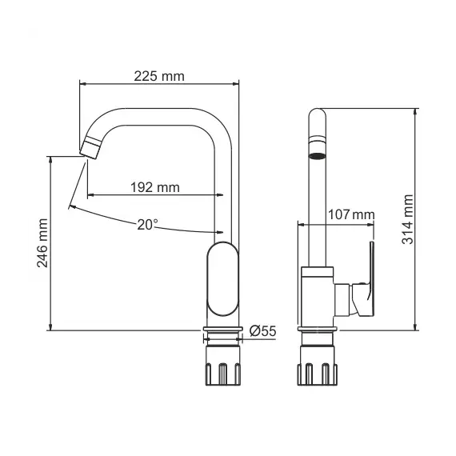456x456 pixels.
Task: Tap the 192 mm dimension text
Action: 154,187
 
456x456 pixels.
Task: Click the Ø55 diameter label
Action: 263,330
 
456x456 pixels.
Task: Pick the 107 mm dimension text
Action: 351,214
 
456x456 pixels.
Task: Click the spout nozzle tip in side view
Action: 90,147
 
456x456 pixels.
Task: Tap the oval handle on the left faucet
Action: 222,282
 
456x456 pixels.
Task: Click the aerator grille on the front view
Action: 318,154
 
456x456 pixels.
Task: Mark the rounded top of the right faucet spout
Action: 318,116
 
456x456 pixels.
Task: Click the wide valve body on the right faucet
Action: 318,298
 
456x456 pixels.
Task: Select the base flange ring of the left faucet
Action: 224,330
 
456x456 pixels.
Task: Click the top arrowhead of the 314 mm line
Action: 416,111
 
